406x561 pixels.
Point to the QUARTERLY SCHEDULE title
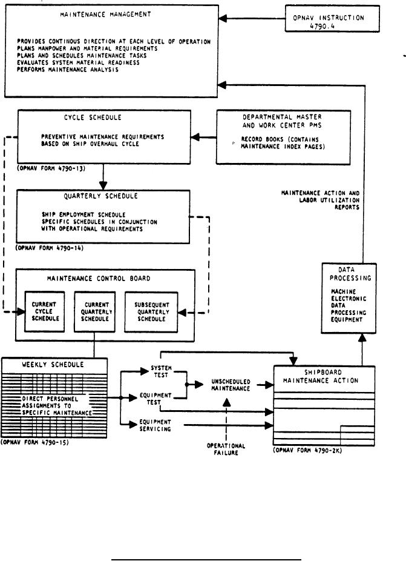[x=104, y=196]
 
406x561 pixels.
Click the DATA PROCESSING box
[x=348, y=298]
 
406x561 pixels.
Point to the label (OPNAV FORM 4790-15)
[x=36, y=443]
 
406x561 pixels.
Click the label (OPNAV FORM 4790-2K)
[x=308, y=451]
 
